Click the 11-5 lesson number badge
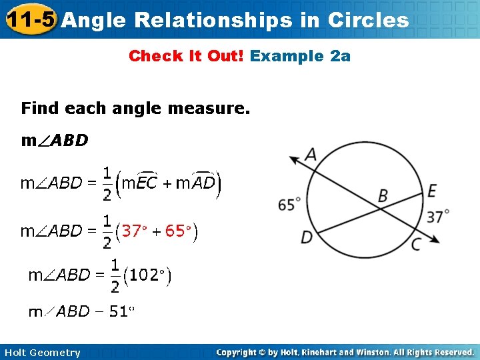pyautogui.click(x=29, y=20)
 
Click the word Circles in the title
pyautogui.click(x=368, y=20)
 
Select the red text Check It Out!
pyautogui.click(x=187, y=56)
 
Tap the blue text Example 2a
pyautogui.click(x=300, y=56)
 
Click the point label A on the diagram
pyautogui.click(x=311, y=155)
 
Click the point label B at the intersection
pyautogui.click(x=383, y=195)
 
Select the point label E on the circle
pyautogui.click(x=432, y=191)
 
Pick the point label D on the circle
pyautogui.click(x=307, y=237)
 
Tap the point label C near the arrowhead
pyautogui.click(x=416, y=245)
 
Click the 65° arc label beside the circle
pyautogui.click(x=289, y=205)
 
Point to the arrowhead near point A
pyautogui.click(x=292, y=159)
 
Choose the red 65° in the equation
pyautogui.click(x=178, y=231)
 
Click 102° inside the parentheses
pyautogui.click(x=149, y=275)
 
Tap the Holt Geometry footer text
pyautogui.click(x=42, y=353)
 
